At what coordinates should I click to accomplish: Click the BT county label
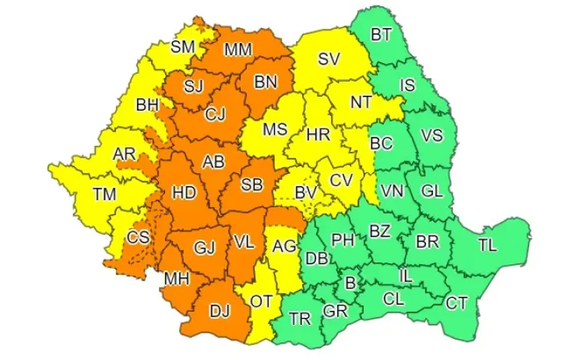coord(381,34)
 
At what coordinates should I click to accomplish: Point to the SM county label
coord(182,47)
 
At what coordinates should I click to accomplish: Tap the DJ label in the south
coord(220,310)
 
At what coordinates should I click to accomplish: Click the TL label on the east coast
coord(487,245)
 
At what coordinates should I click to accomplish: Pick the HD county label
coord(184,191)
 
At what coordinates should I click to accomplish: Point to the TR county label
coord(299,318)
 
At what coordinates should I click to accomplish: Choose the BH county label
coord(146,104)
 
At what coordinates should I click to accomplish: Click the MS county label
coord(274,130)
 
